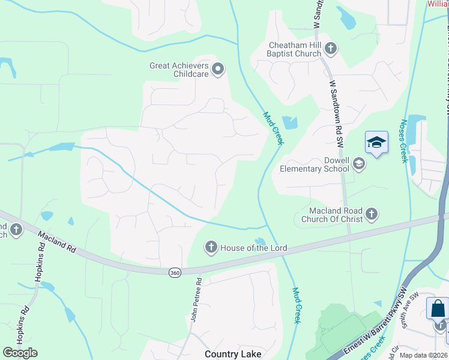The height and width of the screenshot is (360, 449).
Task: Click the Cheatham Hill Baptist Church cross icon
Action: pos(330,48)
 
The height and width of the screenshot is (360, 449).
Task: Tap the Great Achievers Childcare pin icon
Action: pos(218,69)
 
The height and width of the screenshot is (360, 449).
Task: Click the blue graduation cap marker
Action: pos(376,143)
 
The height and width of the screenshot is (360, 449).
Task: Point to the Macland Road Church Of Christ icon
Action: pos(372,214)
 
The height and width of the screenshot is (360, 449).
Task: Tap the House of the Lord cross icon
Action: pos(211,247)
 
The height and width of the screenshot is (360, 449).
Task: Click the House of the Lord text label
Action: pos(254,248)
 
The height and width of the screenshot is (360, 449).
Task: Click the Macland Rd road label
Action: pos(57,241)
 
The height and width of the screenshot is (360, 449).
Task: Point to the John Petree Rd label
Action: pos(194,299)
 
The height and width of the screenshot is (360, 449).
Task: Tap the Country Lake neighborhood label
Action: pos(233,354)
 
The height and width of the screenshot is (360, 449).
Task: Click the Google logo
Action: pos(20,352)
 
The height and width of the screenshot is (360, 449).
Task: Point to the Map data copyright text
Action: pos(424,355)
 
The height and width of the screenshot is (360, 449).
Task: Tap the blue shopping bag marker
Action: pos(438,309)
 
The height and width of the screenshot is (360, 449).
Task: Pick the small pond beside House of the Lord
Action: pos(260,241)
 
